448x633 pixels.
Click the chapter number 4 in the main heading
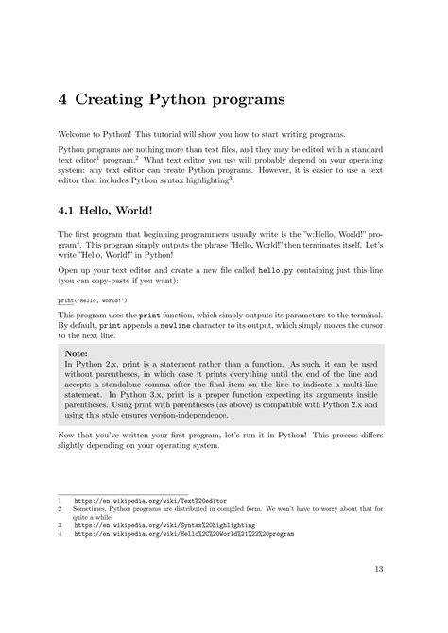pos(63,98)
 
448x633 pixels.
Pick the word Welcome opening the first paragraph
pos(77,134)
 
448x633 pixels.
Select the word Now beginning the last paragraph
pos(69,435)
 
